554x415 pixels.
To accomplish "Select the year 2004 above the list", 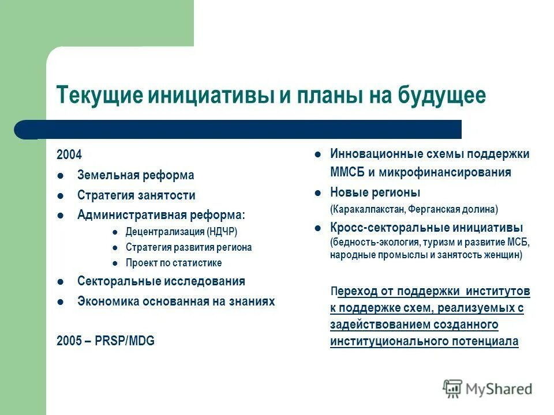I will tap(69, 154).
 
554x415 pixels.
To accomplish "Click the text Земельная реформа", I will tap(136, 175).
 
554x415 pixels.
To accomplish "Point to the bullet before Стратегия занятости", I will tap(61, 196).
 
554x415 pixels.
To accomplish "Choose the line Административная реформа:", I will tap(161, 215).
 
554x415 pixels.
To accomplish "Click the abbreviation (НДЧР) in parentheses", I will tap(222, 232).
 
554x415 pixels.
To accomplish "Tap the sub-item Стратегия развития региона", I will tap(189, 247).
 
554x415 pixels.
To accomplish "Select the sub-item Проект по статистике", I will tap(174, 263).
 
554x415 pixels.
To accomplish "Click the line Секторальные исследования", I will tap(161, 281).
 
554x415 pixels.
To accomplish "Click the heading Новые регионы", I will tap(375, 192).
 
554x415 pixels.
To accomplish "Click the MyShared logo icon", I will tap(452, 389).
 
